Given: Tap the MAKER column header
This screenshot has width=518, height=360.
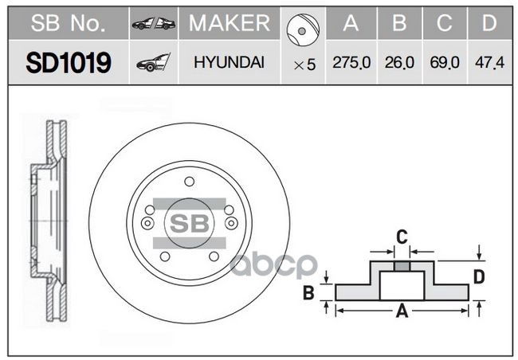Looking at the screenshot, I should click(x=229, y=23).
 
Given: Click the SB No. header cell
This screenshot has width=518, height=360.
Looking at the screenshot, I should click(x=68, y=23).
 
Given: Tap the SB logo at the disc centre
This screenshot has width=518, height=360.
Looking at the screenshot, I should click(x=190, y=222).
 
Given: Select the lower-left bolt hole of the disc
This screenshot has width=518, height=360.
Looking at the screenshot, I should click(x=164, y=257).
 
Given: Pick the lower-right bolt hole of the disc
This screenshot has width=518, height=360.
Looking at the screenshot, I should click(x=215, y=257).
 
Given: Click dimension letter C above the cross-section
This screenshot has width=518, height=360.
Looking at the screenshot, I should click(x=402, y=237).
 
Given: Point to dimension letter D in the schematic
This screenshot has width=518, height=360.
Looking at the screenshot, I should click(x=480, y=276).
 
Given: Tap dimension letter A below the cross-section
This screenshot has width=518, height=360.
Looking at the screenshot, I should click(x=402, y=312).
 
